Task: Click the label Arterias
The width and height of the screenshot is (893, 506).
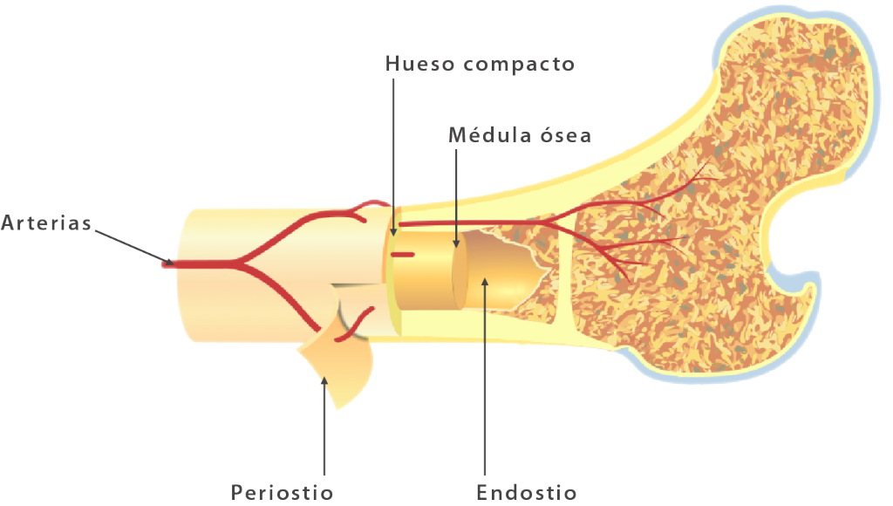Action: pyautogui.click(x=46, y=222)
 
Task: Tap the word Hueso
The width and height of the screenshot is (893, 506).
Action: pyautogui.click(x=419, y=63)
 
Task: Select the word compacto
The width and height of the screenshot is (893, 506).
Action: pyautogui.click(x=519, y=65)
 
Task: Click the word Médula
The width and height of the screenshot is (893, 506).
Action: pyautogui.click(x=490, y=134)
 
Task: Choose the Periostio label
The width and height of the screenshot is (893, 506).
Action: pyautogui.click(x=282, y=492)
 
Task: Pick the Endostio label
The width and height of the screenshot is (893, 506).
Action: pyautogui.click(x=526, y=492)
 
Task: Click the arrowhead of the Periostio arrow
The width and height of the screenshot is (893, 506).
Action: pyautogui.click(x=324, y=380)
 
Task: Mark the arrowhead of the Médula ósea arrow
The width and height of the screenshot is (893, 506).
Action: pyautogui.click(x=456, y=244)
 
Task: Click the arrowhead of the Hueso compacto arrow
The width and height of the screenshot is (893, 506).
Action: pyautogui.click(x=393, y=231)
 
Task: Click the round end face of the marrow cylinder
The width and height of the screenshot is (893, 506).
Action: pyautogui.click(x=460, y=270)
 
